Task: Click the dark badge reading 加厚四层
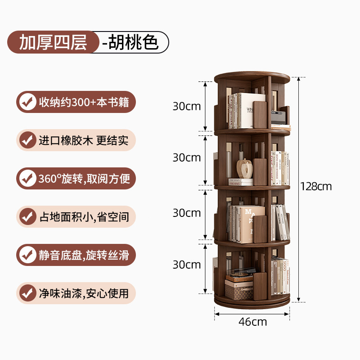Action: (x=53, y=42)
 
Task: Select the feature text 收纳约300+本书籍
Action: (x=84, y=102)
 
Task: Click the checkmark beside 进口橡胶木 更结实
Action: (x=28, y=140)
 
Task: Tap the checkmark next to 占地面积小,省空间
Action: (x=28, y=217)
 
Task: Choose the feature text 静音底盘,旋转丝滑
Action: (x=84, y=255)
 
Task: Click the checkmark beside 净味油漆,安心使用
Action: (x=28, y=293)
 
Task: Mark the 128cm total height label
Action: (x=317, y=186)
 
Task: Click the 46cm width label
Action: (x=252, y=322)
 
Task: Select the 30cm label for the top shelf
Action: (x=187, y=107)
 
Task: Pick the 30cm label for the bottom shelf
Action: (x=187, y=265)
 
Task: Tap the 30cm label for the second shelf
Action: (x=187, y=157)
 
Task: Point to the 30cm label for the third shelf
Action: (x=187, y=212)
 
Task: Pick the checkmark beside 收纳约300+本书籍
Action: (x=28, y=102)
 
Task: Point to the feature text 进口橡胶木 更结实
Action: (x=84, y=140)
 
